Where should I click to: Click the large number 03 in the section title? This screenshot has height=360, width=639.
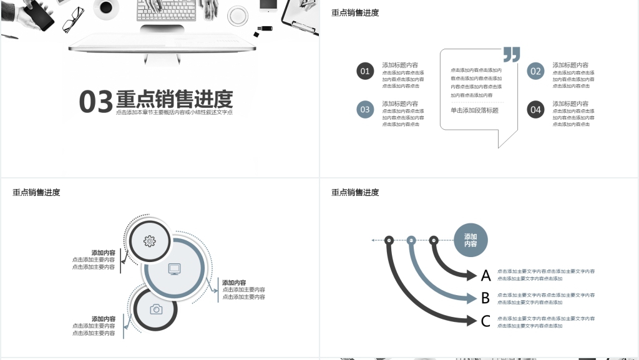[x=95, y=102]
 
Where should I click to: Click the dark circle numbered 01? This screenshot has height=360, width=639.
[x=365, y=71]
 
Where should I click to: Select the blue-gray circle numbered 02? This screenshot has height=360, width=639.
[x=535, y=71]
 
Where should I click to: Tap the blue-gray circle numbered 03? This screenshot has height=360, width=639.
[x=365, y=110]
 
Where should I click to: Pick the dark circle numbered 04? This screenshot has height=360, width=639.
[x=535, y=110]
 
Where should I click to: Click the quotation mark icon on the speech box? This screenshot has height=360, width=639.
[x=511, y=55]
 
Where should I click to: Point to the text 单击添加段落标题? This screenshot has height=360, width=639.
[x=474, y=110]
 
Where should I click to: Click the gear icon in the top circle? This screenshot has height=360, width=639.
[x=149, y=241]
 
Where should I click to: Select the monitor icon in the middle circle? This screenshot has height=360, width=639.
[x=174, y=269]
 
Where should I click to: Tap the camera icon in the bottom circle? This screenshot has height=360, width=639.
[x=156, y=309]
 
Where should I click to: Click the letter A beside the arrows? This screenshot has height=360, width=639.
[x=485, y=275]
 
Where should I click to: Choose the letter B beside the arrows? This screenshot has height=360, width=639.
[x=485, y=298]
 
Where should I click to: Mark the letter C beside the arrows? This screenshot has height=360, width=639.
[x=485, y=321]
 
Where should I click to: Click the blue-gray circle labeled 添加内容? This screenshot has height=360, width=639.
[x=470, y=240]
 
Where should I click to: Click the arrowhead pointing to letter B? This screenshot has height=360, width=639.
[x=472, y=298]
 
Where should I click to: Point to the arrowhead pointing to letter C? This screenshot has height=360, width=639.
[x=472, y=321]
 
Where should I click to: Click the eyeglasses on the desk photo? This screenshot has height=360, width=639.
[x=74, y=19]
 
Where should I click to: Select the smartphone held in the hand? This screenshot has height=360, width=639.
[x=42, y=14]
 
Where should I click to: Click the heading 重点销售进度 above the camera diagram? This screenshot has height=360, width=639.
[x=36, y=193]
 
